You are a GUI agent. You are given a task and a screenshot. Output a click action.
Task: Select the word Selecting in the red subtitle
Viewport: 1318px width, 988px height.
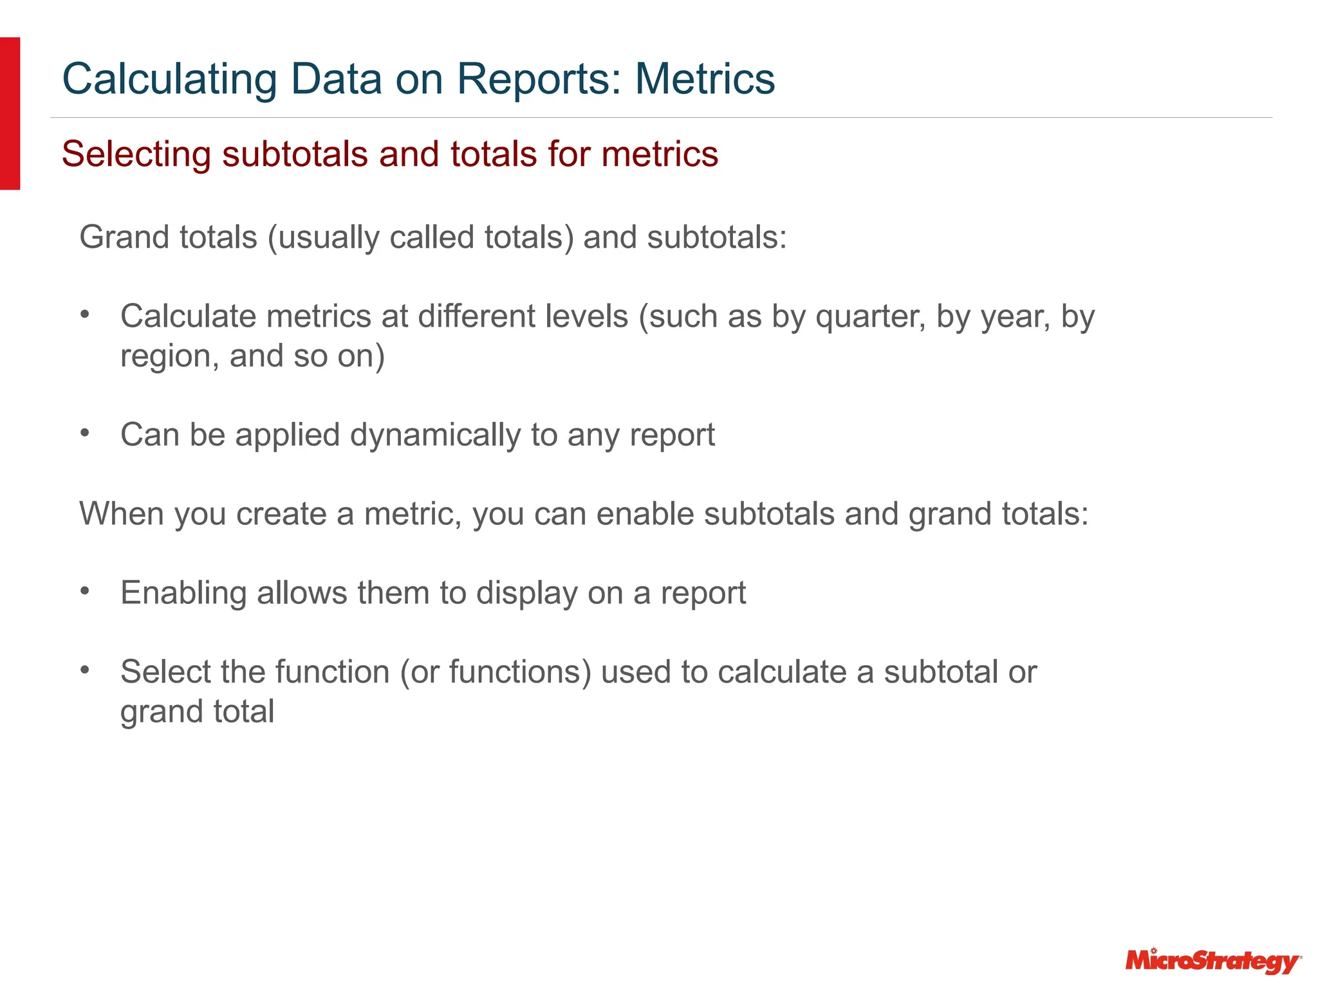(136, 155)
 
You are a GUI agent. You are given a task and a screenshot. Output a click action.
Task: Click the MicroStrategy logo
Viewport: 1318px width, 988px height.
(1213, 961)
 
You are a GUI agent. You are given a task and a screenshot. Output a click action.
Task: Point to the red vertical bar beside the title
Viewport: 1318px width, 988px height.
(10, 113)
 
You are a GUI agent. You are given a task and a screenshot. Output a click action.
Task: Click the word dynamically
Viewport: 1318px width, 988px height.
(435, 435)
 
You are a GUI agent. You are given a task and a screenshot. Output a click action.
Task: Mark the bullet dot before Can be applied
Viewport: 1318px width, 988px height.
(85, 433)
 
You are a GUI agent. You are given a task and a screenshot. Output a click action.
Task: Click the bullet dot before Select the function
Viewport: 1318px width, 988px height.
(85, 670)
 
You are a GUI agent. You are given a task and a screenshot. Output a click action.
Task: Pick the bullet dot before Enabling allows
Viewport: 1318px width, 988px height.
(85, 590)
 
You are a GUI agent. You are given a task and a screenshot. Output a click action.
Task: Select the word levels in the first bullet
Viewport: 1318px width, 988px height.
(586, 317)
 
